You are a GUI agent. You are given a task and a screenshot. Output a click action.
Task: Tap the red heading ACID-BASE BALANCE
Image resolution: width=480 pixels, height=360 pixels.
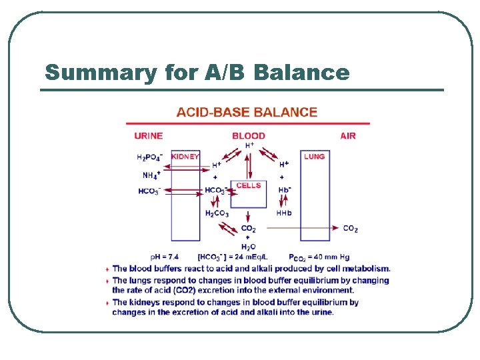click(x=247, y=113)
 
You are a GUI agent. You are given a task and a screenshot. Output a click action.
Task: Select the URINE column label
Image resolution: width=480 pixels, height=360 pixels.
click(x=148, y=136)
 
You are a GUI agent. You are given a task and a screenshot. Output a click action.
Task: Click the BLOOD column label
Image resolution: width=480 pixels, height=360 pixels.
click(x=249, y=136)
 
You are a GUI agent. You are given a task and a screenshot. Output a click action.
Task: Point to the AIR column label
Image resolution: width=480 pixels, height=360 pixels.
click(x=348, y=136)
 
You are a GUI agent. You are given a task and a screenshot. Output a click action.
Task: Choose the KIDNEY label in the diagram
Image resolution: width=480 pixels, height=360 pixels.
click(x=185, y=157)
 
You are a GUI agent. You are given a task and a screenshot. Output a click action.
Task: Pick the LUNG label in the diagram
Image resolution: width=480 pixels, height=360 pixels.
click(x=315, y=157)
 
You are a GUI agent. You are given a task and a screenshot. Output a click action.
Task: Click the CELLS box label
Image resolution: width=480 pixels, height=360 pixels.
click(x=249, y=185)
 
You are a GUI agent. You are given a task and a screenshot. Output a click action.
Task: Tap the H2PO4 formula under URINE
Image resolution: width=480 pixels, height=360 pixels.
click(x=149, y=158)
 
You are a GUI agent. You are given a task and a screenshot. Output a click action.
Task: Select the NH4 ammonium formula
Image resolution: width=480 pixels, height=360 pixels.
click(x=151, y=175)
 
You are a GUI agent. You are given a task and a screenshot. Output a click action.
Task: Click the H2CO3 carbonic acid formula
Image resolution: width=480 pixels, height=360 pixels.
click(x=217, y=213)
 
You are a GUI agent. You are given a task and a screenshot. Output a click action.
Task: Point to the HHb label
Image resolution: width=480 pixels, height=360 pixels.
click(x=284, y=213)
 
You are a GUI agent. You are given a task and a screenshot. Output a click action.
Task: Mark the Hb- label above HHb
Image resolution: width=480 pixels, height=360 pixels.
click(x=285, y=190)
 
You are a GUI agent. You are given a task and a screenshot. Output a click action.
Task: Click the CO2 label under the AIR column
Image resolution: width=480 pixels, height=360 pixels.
click(x=350, y=229)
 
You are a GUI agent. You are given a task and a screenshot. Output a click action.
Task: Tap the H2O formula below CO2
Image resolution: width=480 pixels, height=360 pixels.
click(x=248, y=247)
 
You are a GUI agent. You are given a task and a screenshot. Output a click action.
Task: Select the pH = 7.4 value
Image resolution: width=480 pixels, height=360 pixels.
click(x=165, y=257)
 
